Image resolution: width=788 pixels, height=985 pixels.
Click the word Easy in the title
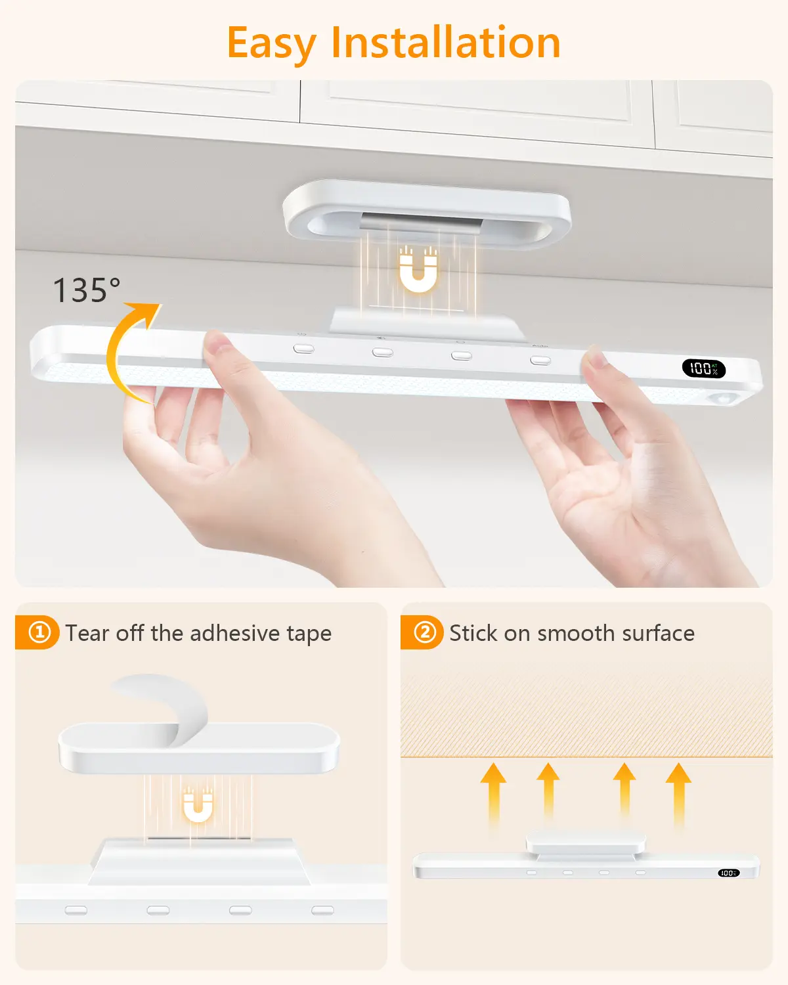tap(271, 44)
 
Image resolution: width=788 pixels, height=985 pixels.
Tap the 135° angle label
tap(87, 290)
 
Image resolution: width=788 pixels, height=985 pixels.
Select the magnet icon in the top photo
tap(418, 270)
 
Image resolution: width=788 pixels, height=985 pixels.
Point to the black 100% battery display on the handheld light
tap(704, 368)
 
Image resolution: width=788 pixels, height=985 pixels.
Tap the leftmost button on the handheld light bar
tap(303, 349)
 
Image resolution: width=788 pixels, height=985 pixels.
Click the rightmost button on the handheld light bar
tap(540, 361)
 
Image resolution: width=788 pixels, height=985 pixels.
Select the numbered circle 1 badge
tap(39, 632)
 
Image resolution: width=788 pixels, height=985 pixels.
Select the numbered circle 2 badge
tap(425, 632)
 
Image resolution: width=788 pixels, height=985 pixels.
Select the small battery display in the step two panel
tap(728, 873)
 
